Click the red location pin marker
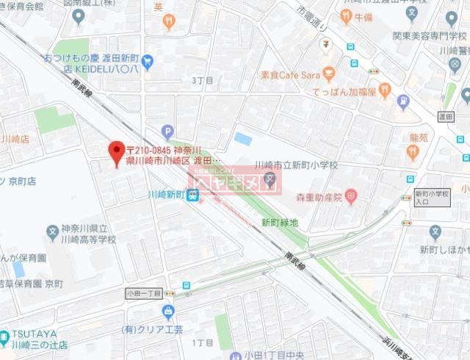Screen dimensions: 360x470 pyautogui.click(x=115, y=152)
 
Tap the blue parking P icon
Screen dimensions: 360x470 pyautogui.click(x=168, y=133)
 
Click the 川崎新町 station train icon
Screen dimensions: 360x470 pyautogui.click(x=192, y=195)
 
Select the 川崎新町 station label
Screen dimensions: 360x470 pyautogui.click(x=166, y=195)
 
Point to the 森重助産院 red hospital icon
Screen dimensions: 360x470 pyautogui.click(x=351, y=196)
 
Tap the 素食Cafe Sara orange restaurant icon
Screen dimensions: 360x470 pyautogui.click(x=328, y=74)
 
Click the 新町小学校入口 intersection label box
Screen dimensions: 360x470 pyautogui.click(x=431, y=198)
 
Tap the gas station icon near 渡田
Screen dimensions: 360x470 pyautogui.click(x=402, y=101)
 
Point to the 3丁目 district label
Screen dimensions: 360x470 pyautogui.click(x=201, y=80)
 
